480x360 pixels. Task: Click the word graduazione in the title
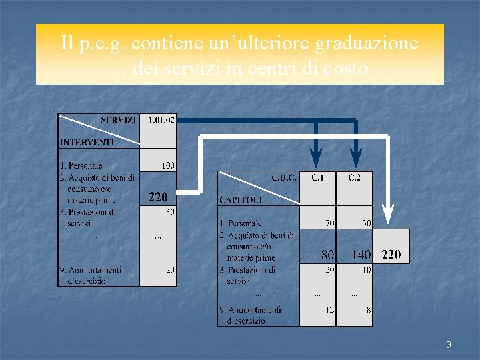coord(367,44)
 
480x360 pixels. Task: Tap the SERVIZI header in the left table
coord(119,121)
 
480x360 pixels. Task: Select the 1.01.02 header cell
coord(161,121)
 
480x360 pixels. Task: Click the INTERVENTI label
coord(87,142)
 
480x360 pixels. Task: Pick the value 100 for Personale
coord(168,165)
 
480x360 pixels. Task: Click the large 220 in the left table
coord(158,197)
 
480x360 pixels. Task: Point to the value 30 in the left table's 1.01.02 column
coord(170,213)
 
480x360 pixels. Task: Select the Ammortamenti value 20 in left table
coord(170,270)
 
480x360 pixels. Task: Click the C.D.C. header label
coord(283,178)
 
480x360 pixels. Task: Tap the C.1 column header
coord(318,178)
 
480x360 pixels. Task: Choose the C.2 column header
coord(355,178)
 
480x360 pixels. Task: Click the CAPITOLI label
coord(241,199)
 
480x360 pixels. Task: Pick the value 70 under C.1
coord(329,223)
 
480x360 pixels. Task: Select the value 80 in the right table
coord(327,255)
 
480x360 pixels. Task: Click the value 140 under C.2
coord(361,255)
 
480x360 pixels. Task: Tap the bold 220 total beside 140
coord(391,255)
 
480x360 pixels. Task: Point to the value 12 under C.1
coord(329,309)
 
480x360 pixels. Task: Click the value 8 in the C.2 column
coord(368,309)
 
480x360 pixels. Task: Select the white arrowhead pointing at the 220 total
coord(388,214)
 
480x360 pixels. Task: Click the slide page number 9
coord(448,345)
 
